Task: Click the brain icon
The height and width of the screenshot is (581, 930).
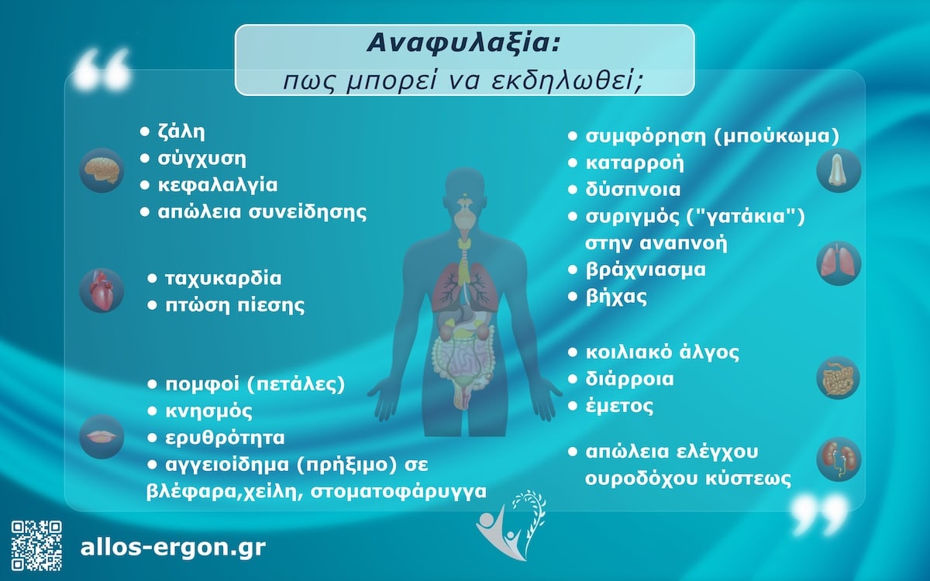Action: [x=102, y=169]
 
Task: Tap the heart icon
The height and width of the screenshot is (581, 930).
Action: [x=102, y=290]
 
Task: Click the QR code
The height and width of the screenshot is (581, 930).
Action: [x=36, y=546]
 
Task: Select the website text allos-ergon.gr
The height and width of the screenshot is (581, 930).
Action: [x=173, y=548]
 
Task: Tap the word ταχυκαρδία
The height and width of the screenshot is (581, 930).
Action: [x=223, y=278]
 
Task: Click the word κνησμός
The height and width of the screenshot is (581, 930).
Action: [x=209, y=411]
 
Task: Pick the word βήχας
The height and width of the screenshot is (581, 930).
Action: [x=617, y=297]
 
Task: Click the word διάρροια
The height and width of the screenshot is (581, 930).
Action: [x=630, y=380]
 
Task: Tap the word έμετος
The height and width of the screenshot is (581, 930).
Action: [x=620, y=406]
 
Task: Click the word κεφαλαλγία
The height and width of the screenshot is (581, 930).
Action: [x=217, y=186]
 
